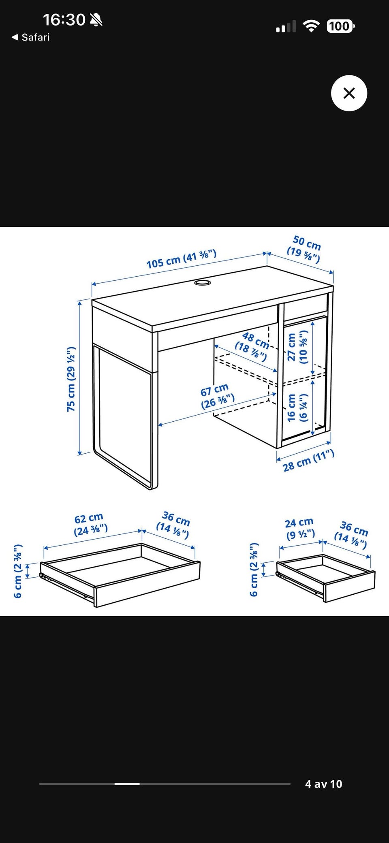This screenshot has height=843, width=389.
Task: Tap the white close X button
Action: tap(349, 93)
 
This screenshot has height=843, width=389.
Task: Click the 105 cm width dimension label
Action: tap(181, 259)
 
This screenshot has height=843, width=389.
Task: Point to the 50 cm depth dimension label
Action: tap(305, 249)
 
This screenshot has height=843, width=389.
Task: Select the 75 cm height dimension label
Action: tap(71, 379)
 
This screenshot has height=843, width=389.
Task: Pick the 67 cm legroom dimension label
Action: tap(217, 397)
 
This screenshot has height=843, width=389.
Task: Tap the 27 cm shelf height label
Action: tap(297, 347)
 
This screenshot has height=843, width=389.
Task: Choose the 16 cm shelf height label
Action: tap(297, 408)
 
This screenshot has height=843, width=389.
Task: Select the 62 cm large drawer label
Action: tap(90, 524)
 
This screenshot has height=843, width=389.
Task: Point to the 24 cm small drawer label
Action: tap(300, 529)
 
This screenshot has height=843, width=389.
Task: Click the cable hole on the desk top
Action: tap(202, 282)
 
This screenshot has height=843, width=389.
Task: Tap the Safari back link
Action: tap(30, 37)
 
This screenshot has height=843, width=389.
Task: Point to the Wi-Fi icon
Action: tap(311, 27)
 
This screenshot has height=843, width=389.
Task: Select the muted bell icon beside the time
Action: tap(96, 19)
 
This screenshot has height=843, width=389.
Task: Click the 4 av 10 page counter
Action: tap(323, 784)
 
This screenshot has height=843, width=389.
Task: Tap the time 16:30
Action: tap(64, 19)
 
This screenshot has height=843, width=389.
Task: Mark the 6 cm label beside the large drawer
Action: tap(17, 571)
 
